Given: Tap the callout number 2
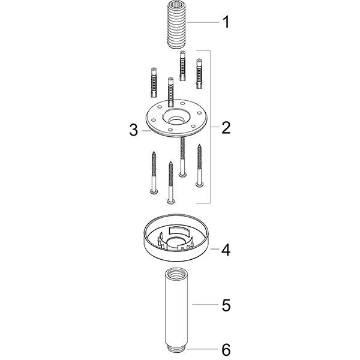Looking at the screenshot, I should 226,127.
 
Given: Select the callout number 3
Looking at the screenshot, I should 134,130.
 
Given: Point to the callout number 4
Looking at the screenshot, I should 226,249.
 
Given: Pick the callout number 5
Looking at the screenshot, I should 226,305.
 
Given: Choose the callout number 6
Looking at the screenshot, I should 226,349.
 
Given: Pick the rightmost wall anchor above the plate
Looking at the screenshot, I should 199,71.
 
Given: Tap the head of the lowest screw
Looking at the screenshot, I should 170,200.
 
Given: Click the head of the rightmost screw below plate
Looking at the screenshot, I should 200,185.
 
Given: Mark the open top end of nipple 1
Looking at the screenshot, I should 177,4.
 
